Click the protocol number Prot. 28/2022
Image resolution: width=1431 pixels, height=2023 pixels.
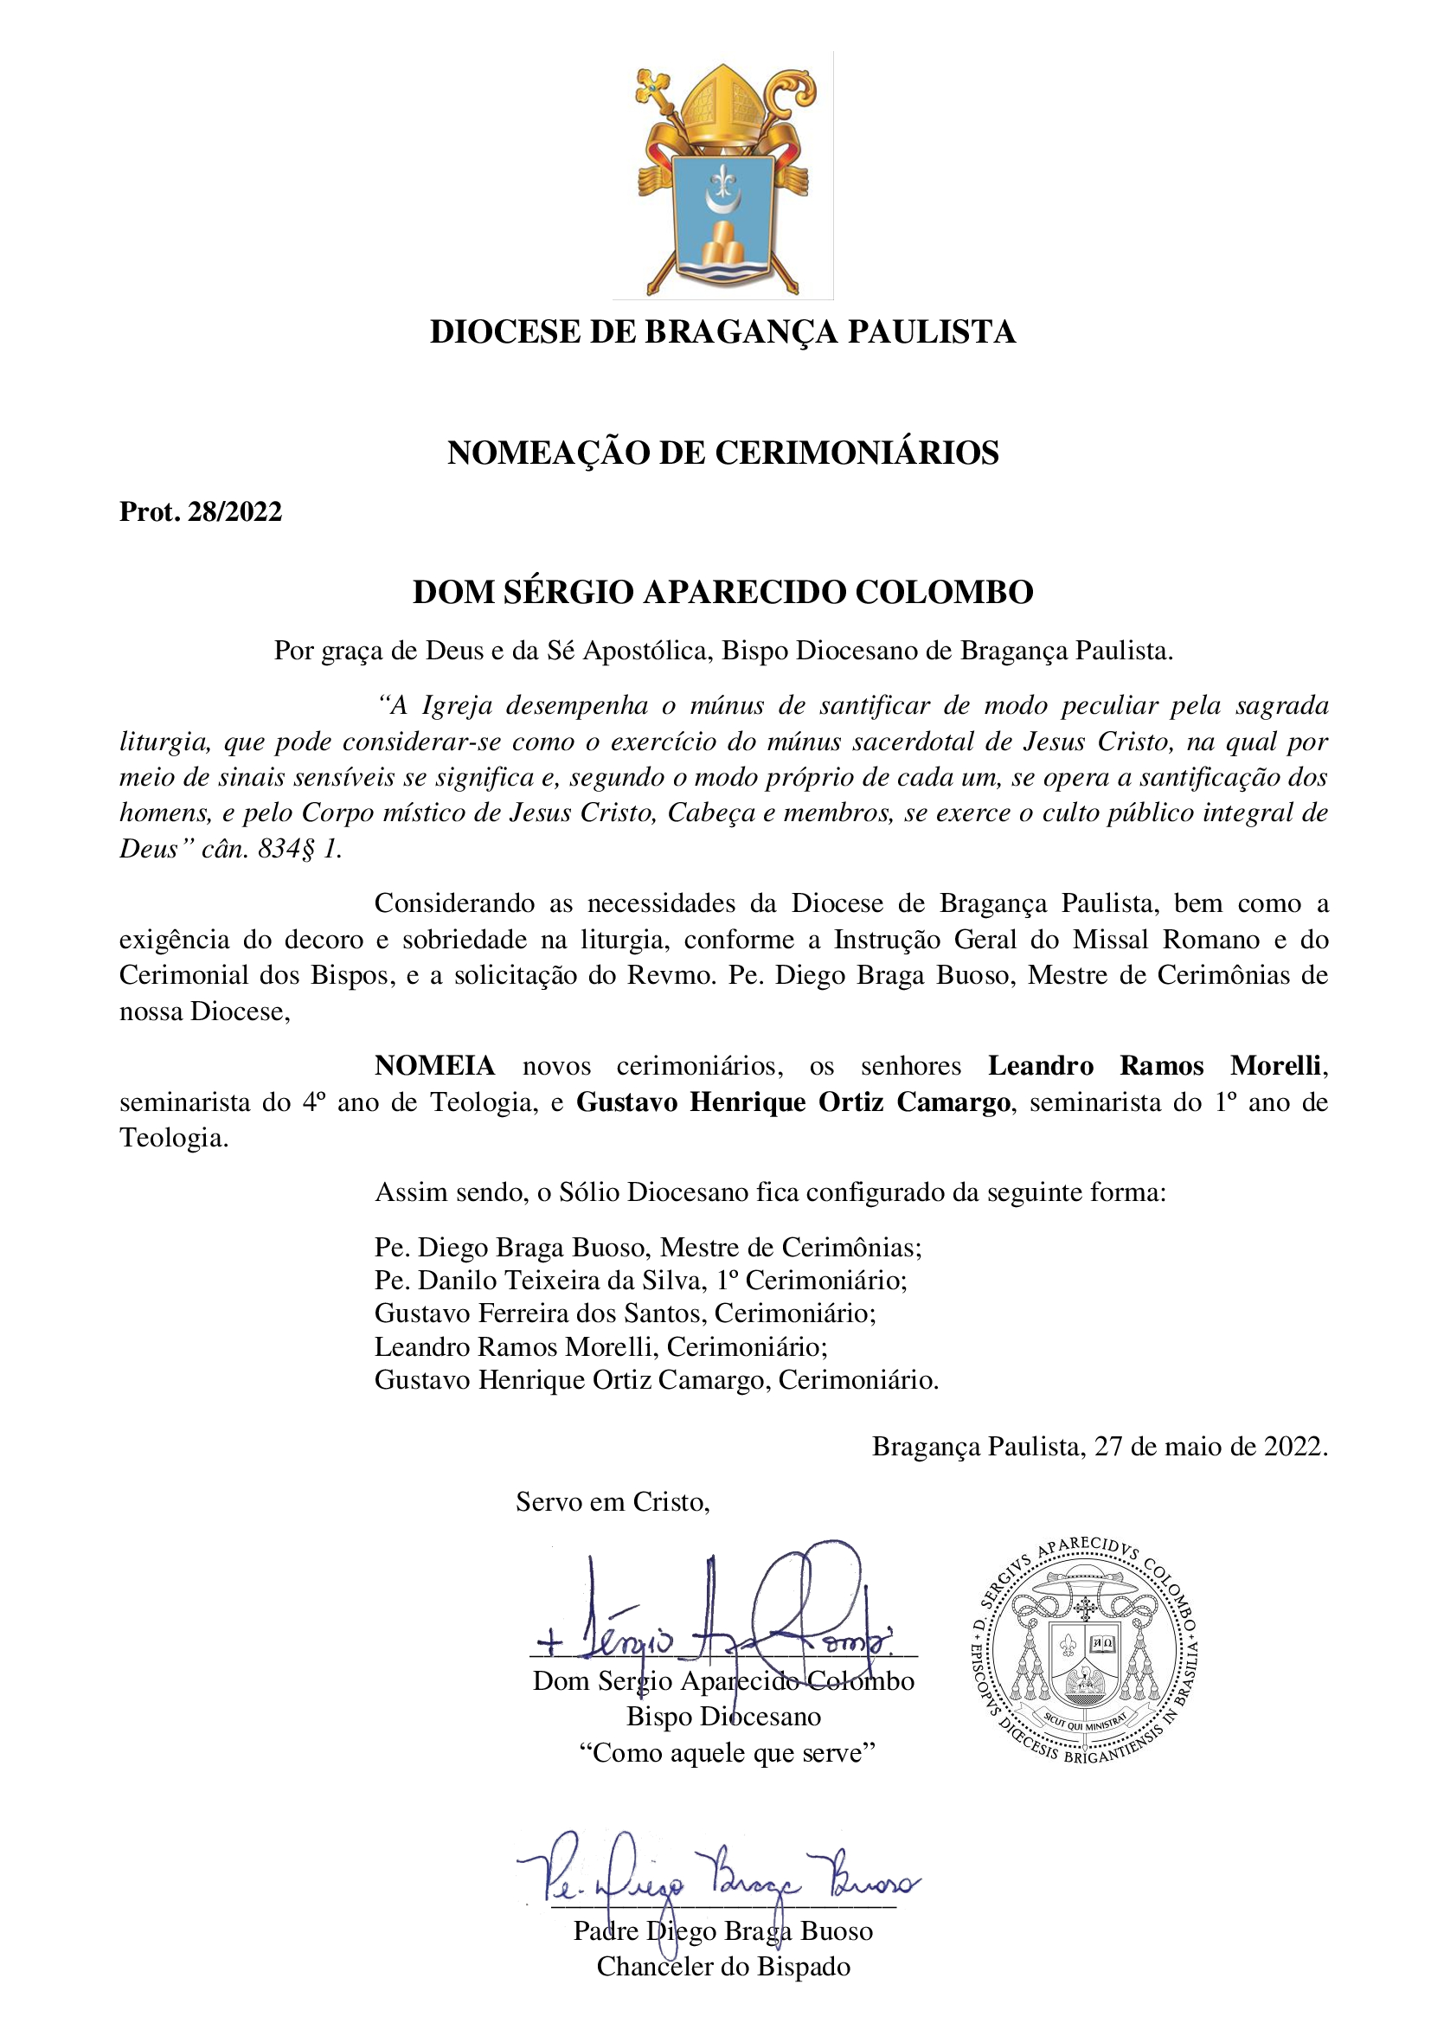(201, 512)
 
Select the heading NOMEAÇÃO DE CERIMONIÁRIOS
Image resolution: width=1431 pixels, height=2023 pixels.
(722, 453)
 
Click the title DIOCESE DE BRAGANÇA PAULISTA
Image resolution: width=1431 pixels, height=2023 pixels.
(722, 332)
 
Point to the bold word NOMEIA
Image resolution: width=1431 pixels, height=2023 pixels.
(434, 1066)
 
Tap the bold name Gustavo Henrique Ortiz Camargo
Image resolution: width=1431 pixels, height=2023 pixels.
(793, 1102)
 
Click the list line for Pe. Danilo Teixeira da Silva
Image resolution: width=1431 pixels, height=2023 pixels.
(640, 1281)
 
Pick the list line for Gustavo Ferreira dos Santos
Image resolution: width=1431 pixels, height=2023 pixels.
(625, 1313)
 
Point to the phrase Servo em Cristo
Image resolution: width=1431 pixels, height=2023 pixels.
(613, 1501)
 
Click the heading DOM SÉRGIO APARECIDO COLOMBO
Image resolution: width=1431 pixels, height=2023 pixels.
(722, 592)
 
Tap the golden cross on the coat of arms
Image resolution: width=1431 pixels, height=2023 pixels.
(653, 87)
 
